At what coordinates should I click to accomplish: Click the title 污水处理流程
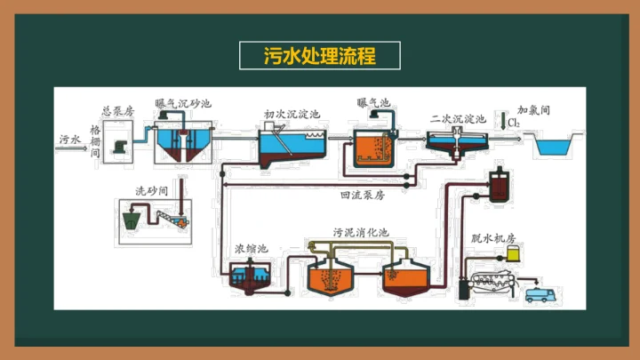[x=320, y=55]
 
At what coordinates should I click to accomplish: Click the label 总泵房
[x=117, y=110]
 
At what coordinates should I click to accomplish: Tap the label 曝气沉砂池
[x=183, y=103]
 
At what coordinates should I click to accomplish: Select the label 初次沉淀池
[x=292, y=114]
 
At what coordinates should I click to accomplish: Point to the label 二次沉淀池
[x=457, y=118]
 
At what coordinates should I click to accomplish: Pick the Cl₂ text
[x=516, y=121]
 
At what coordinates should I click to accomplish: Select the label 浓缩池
[x=249, y=249]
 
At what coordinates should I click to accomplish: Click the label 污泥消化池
[x=361, y=233]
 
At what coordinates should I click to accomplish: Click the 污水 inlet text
[x=70, y=140]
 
